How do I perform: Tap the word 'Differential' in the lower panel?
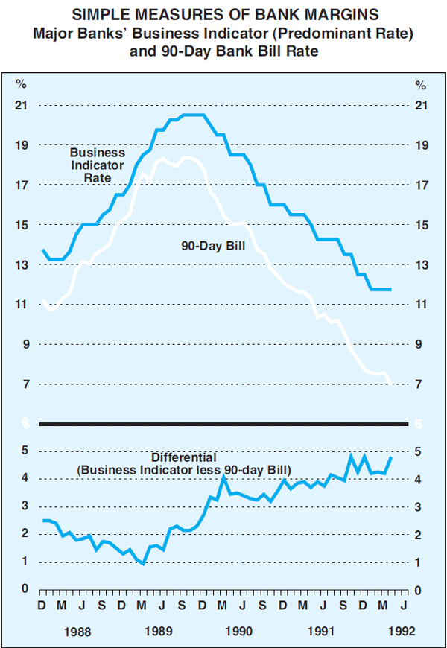point(184,457)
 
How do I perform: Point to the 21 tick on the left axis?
point(22,105)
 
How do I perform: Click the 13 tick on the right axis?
point(421,265)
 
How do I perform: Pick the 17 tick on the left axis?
point(22,185)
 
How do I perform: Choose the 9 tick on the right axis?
point(421,345)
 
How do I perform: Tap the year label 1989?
point(159,632)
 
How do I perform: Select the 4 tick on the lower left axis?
point(25,478)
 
